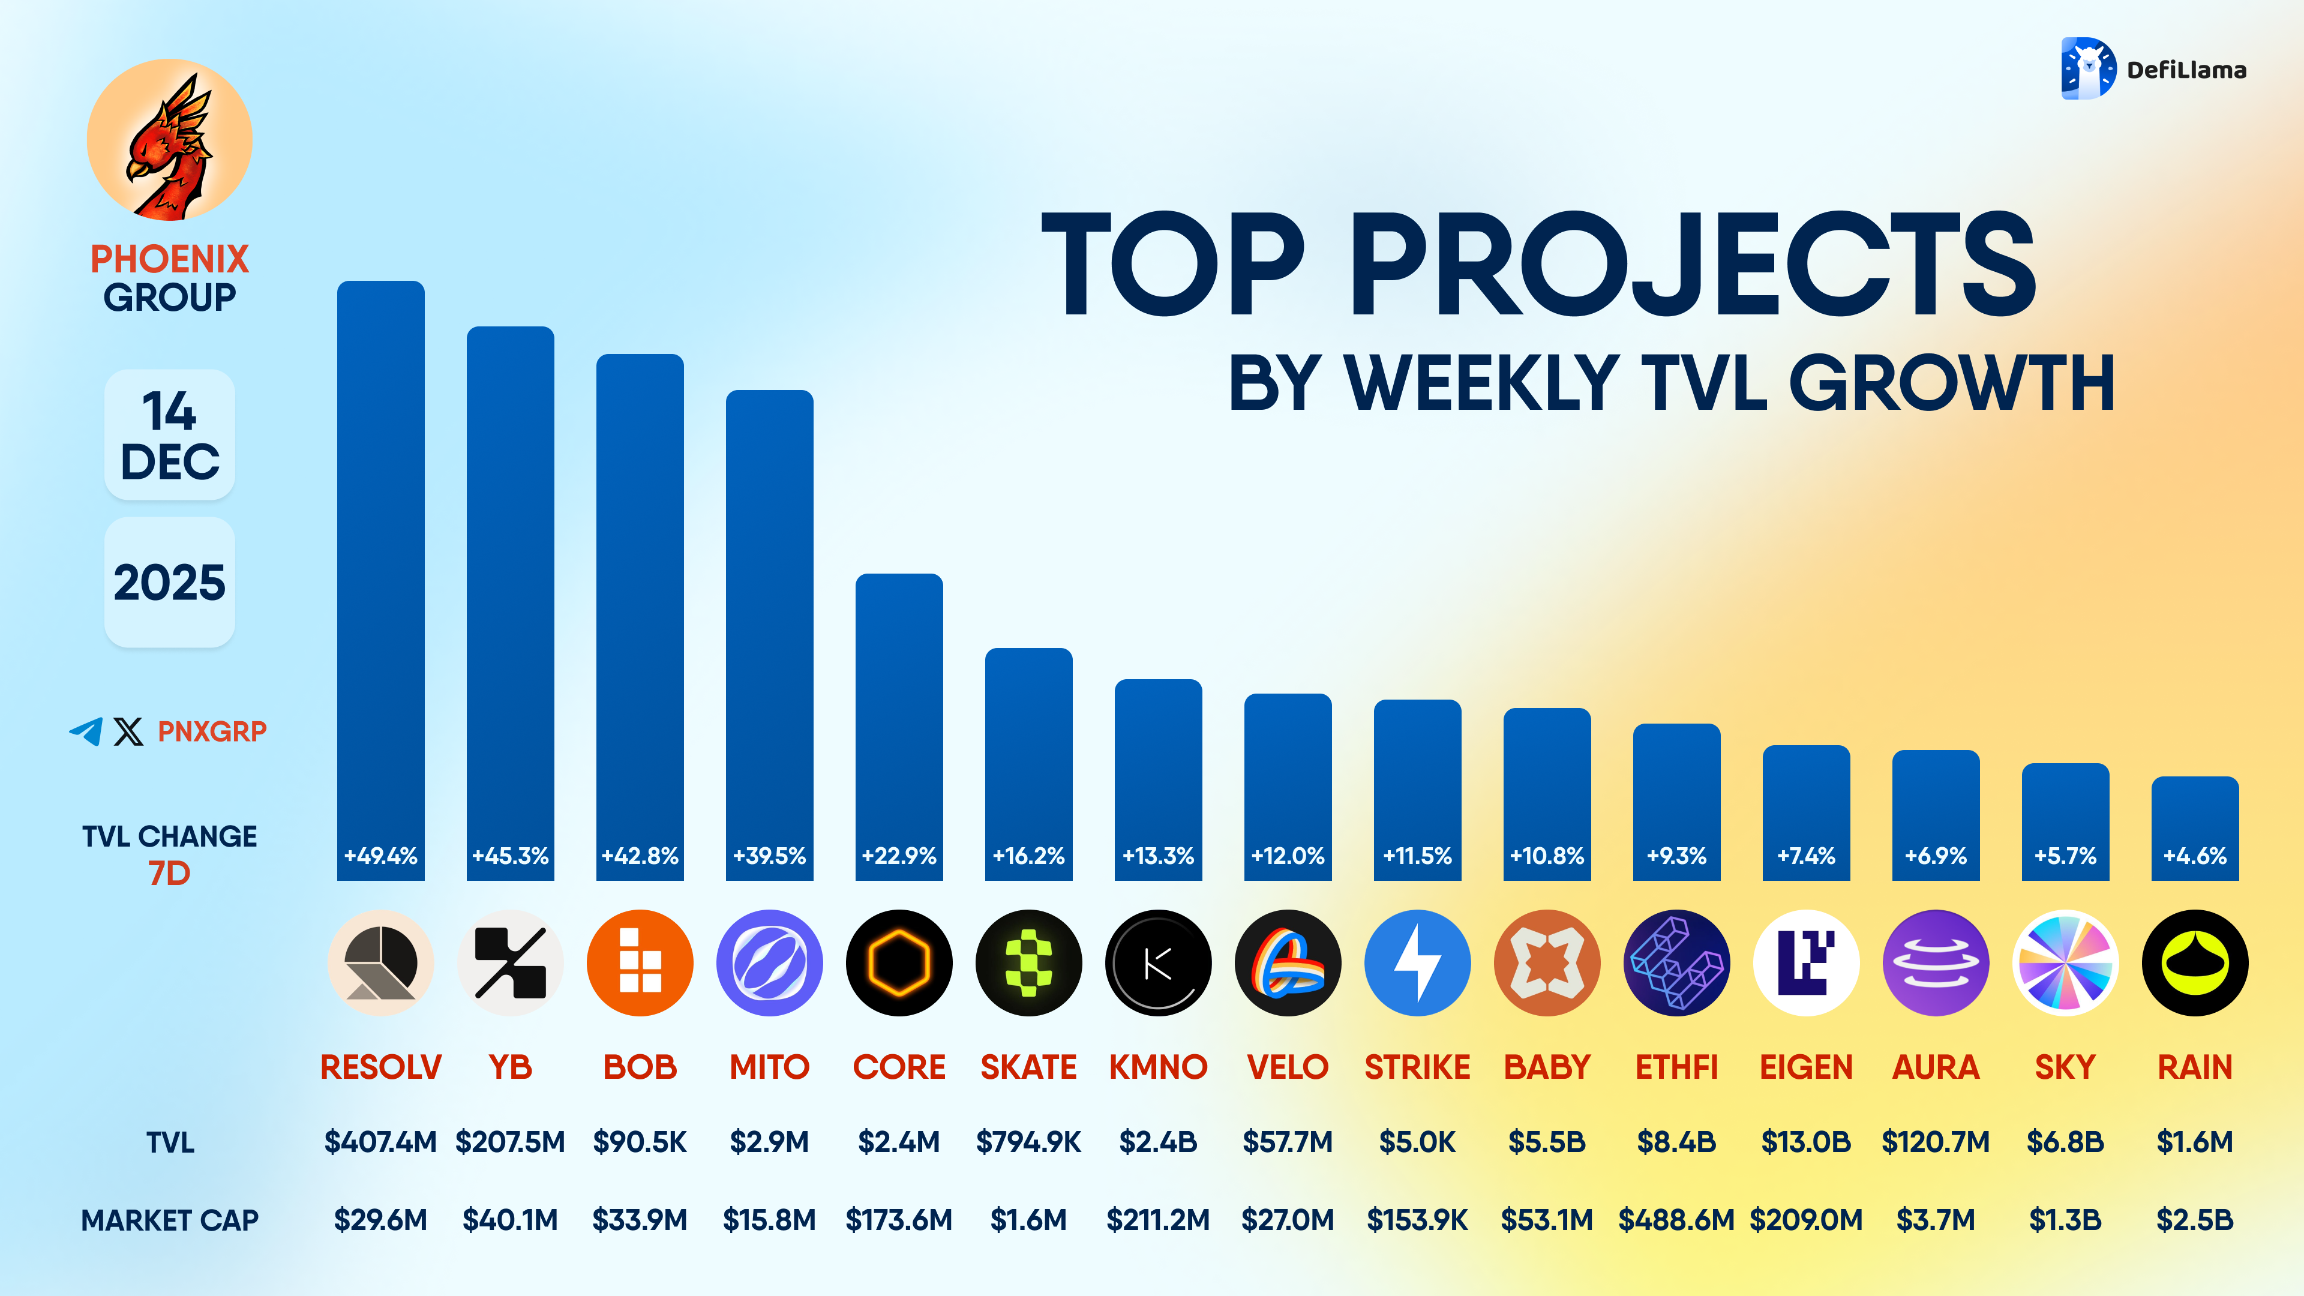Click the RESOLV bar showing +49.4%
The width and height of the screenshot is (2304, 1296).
tap(380, 581)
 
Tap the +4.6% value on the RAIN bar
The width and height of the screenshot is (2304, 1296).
tap(2194, 856)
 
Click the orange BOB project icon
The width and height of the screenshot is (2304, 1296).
tap(640, 963)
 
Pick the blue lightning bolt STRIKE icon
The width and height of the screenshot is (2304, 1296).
tap(1417, 963)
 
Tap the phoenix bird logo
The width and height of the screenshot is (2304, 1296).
tap(169, 140)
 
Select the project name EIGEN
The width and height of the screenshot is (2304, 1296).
tap(1806, 1067)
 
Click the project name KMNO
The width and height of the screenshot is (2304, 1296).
tap(1157, 1067)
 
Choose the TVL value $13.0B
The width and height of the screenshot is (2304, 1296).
tap(1806, 1142)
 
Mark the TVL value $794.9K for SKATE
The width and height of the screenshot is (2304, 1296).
tap(1028, 1142)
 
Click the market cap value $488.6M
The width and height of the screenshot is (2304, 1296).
tap(1676, 1220)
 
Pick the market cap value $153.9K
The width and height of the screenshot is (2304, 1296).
tap(1417, 1220)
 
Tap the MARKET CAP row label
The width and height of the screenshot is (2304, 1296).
tap(170, 1220)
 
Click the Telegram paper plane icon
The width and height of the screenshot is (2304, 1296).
tap(86, 731)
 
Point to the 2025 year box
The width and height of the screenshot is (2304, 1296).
tap(170, 582)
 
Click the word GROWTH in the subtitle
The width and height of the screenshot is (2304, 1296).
tap(1952, 383)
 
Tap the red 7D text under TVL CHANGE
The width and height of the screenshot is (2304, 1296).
tap(170, 873)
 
